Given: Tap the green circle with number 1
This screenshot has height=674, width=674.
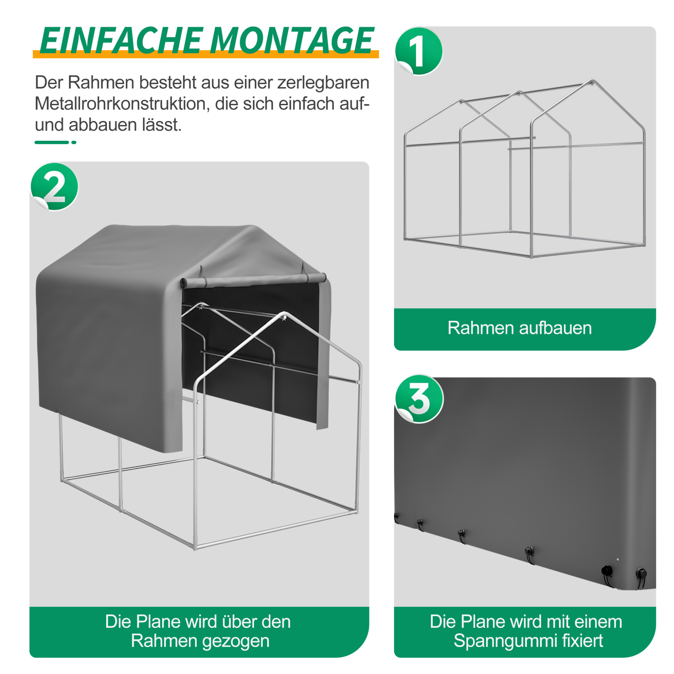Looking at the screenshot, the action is coord(419,51).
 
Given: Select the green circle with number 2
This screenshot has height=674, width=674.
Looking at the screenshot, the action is coord(54,187).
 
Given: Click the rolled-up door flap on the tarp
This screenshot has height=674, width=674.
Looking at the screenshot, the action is coord(253,280).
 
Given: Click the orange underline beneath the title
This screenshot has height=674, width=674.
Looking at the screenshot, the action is coord(206,54).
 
